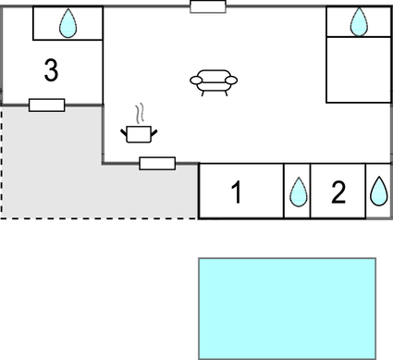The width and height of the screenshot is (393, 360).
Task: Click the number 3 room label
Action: click(52, 70)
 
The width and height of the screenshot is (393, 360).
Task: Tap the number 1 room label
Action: click(236, 192)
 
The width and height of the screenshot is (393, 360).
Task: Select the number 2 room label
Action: click(338, 192)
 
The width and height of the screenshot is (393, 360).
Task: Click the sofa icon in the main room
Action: click(214, 82)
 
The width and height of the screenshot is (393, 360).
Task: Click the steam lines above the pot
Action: click(140, 114)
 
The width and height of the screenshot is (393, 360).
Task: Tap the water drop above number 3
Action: click(68, 24)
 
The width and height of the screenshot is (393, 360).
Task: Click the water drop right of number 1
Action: click(298, 192)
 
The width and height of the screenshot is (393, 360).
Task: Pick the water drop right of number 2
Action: click(379, 191)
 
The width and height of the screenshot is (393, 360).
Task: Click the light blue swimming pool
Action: click(288, 308)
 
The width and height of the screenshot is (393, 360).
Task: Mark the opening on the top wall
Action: click(208, 7)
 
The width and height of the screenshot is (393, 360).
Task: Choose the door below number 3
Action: click(46, 105)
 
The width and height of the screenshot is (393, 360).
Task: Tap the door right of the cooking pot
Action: click(157, 164)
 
